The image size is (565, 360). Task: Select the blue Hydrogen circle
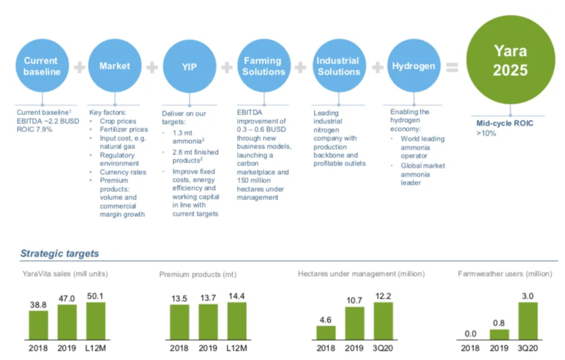(414, 66)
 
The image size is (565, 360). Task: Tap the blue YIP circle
(189, 67)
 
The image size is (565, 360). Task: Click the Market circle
(115, 66)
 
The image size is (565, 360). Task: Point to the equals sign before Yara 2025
(452, 68)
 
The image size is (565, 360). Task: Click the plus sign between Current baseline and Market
(79, 68)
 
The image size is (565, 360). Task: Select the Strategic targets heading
(60, 253)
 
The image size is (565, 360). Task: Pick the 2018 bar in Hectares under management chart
(326, 332)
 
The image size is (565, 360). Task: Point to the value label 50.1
(95, 296)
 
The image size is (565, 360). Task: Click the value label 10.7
(354, 300)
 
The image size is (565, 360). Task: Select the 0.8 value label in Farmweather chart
(499, 323)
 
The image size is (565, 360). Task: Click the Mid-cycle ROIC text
(505, 123)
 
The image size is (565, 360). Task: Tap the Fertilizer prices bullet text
(124, 129)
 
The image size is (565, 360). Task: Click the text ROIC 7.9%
(34, 129)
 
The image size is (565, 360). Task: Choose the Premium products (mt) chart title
(198, 274)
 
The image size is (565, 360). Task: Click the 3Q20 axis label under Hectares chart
(382, 348)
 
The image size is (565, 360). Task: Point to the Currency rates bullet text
(123, 172)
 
